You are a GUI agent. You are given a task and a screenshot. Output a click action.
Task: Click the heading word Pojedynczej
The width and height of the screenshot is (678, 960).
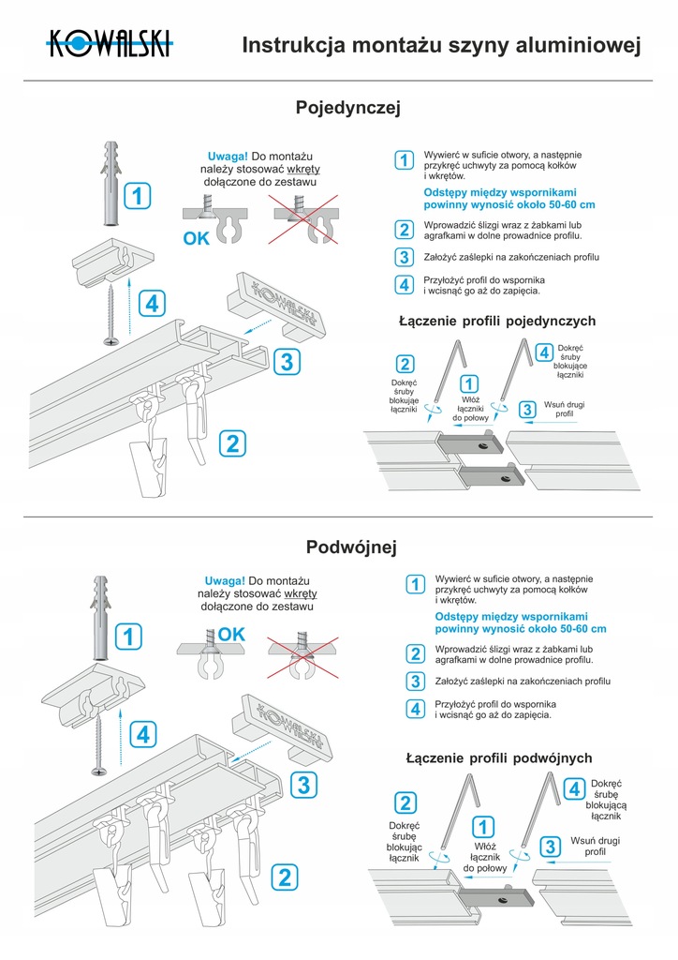[347, 109]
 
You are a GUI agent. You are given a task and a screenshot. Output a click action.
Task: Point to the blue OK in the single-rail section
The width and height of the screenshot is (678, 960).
[197, 238]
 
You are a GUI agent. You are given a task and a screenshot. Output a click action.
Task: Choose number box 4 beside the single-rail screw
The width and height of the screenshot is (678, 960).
[152, 304]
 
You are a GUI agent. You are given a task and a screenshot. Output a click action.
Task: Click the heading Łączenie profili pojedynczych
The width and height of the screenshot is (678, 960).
[496, 322]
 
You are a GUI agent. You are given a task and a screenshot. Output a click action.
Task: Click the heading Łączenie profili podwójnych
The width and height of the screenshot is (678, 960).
[498, 757]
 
